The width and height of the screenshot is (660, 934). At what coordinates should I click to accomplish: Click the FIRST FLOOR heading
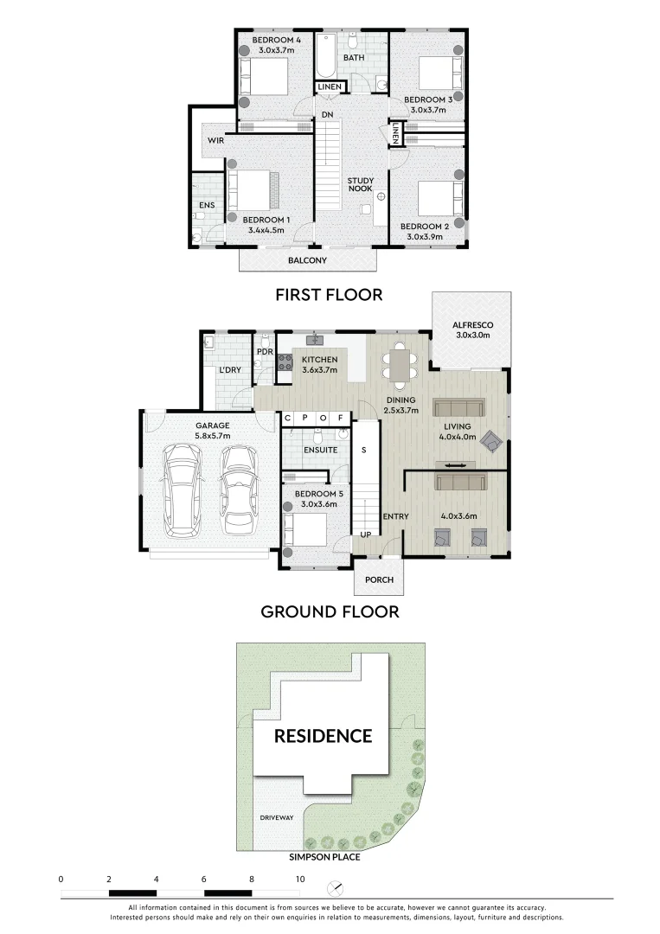pyautogui.click(x=329, y=295)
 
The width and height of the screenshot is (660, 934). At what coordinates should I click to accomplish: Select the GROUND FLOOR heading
pyautogui.click(x=330, y=612)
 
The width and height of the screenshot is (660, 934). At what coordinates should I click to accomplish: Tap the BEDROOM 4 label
pyautogui.click(x=277, y=41)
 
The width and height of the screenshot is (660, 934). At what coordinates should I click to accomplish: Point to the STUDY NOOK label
pyautogui.click(x=360, y=185)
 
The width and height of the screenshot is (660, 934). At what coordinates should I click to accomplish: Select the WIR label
pyautogui.click(x=215, y=140)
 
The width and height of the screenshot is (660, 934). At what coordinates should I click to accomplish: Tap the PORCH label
pyautogui.click(x=379, y=580)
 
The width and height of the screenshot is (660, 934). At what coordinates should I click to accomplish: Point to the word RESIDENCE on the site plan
pyautogui.click(x=323, y=737)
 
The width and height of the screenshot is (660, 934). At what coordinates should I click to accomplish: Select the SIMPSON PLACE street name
pyautogui.click(x=325, y=857)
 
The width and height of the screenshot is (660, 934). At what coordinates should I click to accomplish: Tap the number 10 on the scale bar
pyautogui.click(x=299, y=879)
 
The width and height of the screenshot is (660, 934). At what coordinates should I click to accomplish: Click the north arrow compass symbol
pyautogui.click(x=336, y=888)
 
